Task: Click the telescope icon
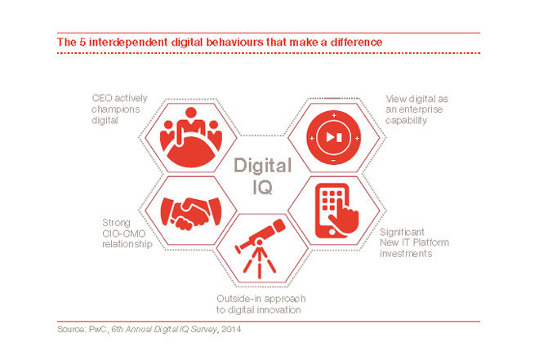261,248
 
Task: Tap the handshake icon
191,213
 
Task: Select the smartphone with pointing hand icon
336,211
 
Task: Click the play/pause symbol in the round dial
334,137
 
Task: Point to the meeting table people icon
191,137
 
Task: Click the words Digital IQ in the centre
263,176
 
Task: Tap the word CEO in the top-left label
102,98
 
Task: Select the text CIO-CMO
124,233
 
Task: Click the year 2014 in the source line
231,329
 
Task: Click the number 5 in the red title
82,42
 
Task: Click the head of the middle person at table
191,113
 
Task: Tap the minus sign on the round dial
333,161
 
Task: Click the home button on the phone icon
332,232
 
